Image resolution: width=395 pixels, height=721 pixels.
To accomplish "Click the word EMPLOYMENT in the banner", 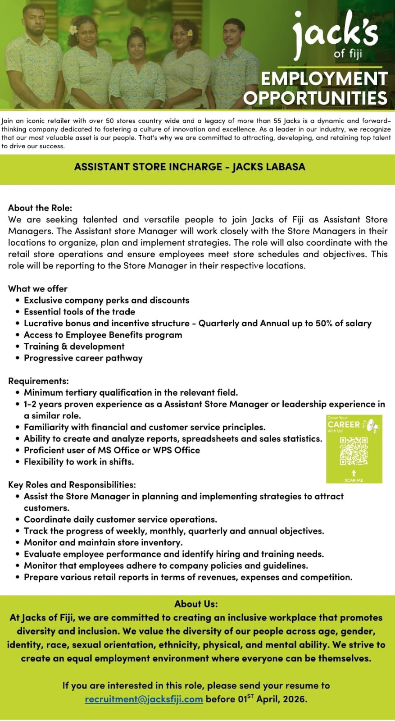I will [x=324, y=78].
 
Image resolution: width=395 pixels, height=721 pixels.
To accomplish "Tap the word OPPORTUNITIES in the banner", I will [x=315, y=97].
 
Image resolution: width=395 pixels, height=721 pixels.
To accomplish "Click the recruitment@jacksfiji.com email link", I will [x=144, y=699].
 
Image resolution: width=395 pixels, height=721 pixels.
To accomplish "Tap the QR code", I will [x=354, y=451].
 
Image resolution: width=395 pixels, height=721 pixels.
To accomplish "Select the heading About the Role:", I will [x=40, y=208].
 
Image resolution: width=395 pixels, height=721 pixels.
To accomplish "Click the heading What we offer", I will [x=38, y=288].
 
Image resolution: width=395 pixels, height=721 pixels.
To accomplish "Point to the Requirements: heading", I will [x=38, y=381].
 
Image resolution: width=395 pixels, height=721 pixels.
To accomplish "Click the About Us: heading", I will [x=196, y=603].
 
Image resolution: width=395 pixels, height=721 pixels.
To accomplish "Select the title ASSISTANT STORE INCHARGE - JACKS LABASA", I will [x=190, y=167].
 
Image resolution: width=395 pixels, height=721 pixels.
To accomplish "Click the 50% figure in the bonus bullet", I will [x=323, y=323].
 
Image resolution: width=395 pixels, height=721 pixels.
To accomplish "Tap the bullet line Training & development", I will [x=74, y=346].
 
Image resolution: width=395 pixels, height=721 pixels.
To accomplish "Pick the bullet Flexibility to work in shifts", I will [x=79, y=461].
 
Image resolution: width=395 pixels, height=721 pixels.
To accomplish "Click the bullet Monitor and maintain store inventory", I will [x=103, y=542].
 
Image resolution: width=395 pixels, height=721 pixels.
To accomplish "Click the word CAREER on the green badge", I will [x=344, y=424].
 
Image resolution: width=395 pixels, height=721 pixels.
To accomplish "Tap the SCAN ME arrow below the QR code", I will [x=354, y=473].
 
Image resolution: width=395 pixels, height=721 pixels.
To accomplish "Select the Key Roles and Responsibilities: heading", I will [x=72, y=485].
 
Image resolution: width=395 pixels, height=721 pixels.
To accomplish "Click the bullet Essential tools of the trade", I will [x=79, y=311].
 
